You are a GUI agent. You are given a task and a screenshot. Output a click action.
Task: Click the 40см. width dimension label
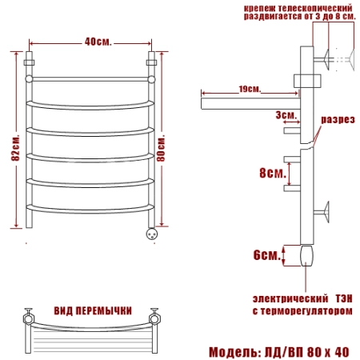coord(98,42)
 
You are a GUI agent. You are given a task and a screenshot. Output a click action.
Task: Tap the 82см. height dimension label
coord(15,147)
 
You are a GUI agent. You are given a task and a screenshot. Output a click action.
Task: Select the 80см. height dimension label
coord(161,149)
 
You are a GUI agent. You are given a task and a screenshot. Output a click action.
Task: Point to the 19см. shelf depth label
coord(250,89)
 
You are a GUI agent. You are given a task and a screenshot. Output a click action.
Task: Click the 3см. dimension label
coord(286,115)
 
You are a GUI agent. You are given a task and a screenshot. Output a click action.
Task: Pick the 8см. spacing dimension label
coord(273,173)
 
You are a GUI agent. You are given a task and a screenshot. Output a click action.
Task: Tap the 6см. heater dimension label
coord(267,255)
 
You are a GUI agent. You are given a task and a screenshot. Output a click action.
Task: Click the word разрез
coord(338,119)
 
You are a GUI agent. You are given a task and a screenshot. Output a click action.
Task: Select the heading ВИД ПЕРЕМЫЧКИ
coord(93,311)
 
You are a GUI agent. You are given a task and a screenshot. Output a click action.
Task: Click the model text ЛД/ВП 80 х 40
coord(306,352)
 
